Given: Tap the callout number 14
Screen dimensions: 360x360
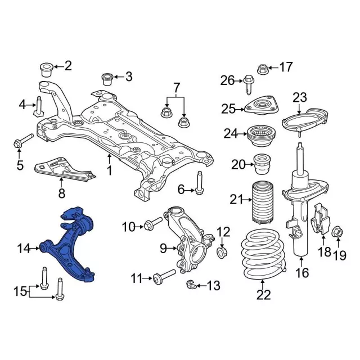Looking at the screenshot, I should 24,247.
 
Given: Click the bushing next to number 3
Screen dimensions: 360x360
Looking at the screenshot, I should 107,77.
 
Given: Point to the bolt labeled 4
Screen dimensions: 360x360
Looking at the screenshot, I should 39,106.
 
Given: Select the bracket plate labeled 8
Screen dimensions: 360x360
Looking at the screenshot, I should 65,169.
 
